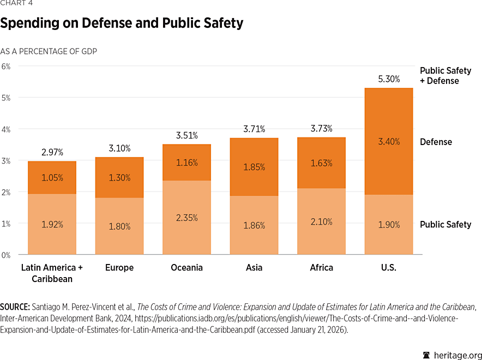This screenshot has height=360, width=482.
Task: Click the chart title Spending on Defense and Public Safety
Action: pyautogui.click(x=122, y=23)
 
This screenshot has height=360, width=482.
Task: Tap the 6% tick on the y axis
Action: pyautogui.click(x=6, y=66)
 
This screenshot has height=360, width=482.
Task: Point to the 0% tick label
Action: pyautogui.click(x=6, y=255)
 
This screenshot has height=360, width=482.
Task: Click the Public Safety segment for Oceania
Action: pyautogui.click(x=186, y=218)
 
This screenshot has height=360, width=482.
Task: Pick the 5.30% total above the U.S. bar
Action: pyautogui.click(x=389, y=79)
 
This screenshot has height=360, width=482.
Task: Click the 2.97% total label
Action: pyautogui.click(x=52, y=152)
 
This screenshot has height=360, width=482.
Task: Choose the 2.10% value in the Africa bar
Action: pyautogui.click(x=321, y=222)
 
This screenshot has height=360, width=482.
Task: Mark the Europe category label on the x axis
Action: pyautogui.click(x=119, y=268)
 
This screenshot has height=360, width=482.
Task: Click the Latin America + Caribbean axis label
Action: pyautogui.click(x=52, y=273)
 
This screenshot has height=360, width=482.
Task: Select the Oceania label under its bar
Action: pyautogui.click(x=186, y=268)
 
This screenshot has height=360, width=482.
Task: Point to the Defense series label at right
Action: pyautogui.click(x=436, y=142)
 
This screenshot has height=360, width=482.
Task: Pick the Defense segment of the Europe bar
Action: pyautogui.click(x=119, y=177)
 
